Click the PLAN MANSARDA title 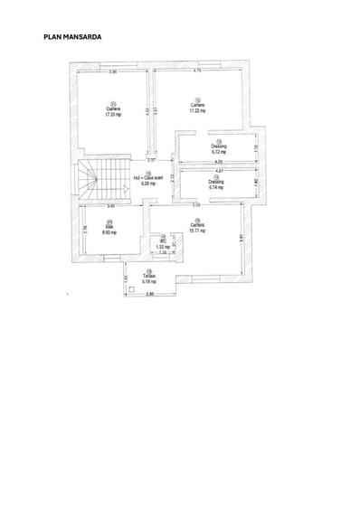72,38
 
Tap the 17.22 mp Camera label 197,107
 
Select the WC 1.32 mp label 163,244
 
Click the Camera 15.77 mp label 197,227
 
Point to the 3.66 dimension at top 113,71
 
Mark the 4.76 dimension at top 197,71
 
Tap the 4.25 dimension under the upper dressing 218,161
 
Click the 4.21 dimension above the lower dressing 218,170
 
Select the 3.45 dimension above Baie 109,207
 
